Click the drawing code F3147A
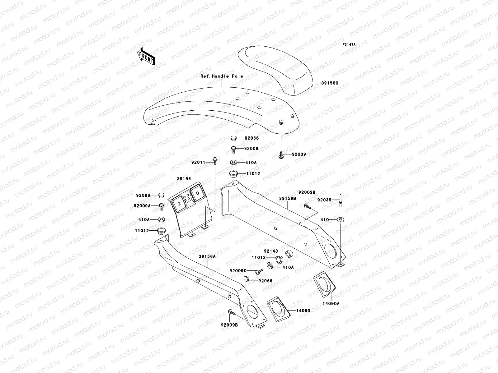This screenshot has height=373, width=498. (349, 45)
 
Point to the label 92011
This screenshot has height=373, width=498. (198, 162)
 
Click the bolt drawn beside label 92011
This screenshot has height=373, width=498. (215, 160)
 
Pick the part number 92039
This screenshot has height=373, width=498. (324, 200)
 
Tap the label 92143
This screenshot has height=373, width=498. (270, 251)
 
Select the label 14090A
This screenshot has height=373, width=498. (332, 303)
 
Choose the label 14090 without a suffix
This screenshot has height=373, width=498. (303, 311)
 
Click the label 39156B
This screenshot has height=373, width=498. (287, 198)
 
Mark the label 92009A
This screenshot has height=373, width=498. (142, 206)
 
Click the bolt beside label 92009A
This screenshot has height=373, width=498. (162, 206)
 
